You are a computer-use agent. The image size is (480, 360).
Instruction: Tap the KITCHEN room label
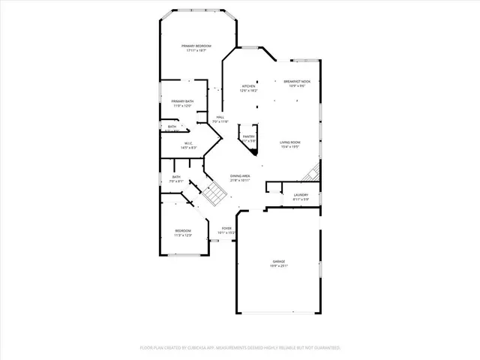[x=248, y=86]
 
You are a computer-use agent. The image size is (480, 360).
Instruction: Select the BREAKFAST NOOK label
[x=298, y=81]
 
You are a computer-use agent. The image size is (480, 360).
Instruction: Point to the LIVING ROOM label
[x=290, y=142]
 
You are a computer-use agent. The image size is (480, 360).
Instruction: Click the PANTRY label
[x=248, y=136]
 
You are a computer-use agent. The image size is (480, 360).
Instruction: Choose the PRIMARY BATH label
[x=182, y=101]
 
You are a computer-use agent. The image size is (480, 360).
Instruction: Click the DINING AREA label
[x=240, y=176]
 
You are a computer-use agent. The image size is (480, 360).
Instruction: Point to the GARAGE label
[x=279, y=262]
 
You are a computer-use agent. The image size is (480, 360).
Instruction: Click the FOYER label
[x=226, y=228]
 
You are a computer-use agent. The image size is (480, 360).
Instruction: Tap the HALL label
[x=221, y=117]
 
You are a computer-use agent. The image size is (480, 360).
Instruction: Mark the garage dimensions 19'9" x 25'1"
[x=279, y=266]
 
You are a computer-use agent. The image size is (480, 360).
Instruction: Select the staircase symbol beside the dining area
[x=213, y=194]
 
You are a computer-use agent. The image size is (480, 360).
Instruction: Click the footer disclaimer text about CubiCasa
[x=240, y=348]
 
